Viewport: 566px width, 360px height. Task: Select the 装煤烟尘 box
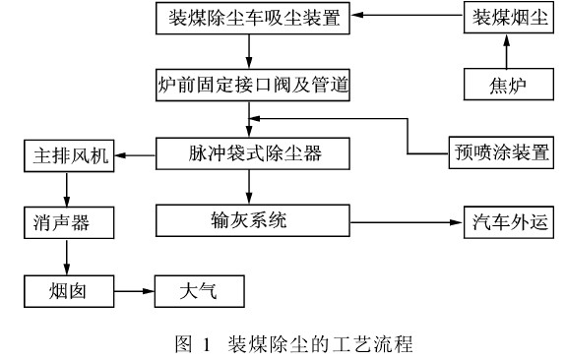pos(505,17)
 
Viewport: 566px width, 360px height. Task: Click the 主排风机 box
pos(67,153)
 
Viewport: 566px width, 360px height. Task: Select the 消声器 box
pos(67,221)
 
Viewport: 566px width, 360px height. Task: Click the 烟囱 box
pos(67,290)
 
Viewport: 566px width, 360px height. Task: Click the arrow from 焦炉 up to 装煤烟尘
pos(505,51)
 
